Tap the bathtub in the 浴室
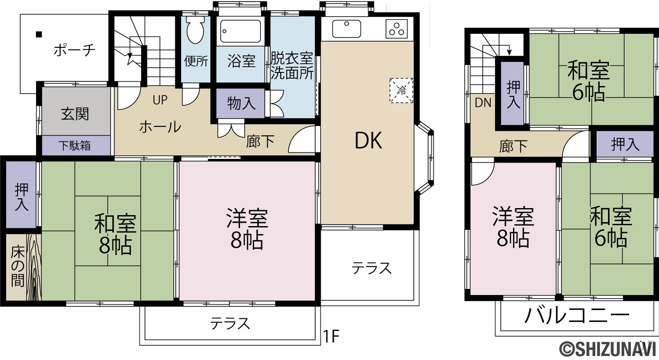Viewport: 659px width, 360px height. pos(241,32)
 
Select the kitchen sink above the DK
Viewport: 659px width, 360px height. pos(347,29)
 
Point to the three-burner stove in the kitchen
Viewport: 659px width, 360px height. pos(397,29)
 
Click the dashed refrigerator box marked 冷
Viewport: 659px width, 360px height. pos(401,90)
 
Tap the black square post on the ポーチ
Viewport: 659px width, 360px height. pos(39,34)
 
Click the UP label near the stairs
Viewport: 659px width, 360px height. pos(160,100)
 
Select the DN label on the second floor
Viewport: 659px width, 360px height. pos(483,103)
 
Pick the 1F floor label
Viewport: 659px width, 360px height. pos(331,336)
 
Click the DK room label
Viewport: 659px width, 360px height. pos(368,141)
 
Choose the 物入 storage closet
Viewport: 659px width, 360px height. pos(241,103)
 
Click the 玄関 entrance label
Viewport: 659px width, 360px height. pos(75,114)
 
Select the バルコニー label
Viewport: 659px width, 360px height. pos(577,316)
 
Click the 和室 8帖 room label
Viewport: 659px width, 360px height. pos(115,234)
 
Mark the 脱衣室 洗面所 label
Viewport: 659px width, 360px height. pos(292,66)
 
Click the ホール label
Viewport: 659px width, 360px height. pos(160,127)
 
